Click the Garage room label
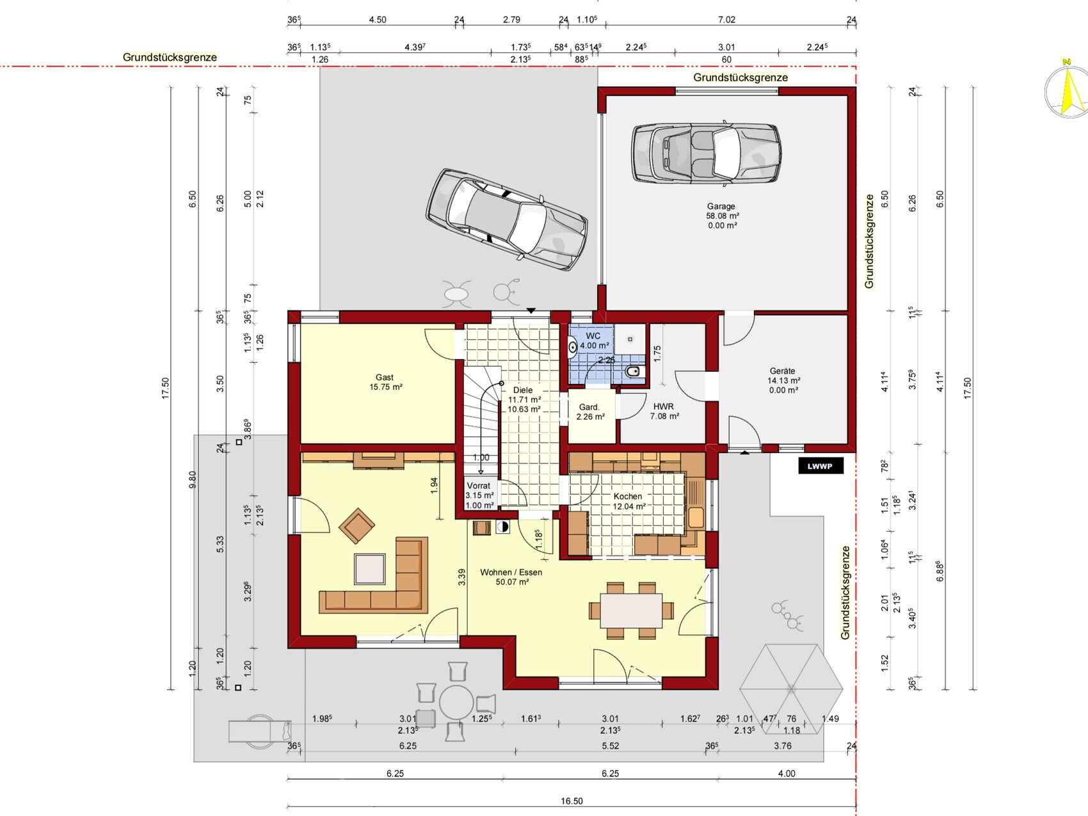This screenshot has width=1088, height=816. (721, 206)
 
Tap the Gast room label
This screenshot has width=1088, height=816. (385, 378)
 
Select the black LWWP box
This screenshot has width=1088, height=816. (820, 466)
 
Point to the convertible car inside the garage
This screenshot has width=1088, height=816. (706, 154)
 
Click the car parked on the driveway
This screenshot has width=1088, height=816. (506, 219)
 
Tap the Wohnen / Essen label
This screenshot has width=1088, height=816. (511, 572)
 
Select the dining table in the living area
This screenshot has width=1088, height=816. (632, 611)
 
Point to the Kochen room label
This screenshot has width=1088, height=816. (628, 496)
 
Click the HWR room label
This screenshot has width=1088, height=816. (664, 406)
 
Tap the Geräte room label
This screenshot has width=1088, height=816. (783, 371)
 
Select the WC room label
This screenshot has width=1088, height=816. (593, 336)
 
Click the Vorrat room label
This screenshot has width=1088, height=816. (479, 486)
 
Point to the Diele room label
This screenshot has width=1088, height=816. (523, 390)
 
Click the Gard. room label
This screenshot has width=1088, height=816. (589, 407)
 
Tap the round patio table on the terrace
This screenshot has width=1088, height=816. (456, 703)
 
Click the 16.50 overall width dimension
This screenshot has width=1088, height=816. (572, 801)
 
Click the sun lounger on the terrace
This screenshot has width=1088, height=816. (260, 730)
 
